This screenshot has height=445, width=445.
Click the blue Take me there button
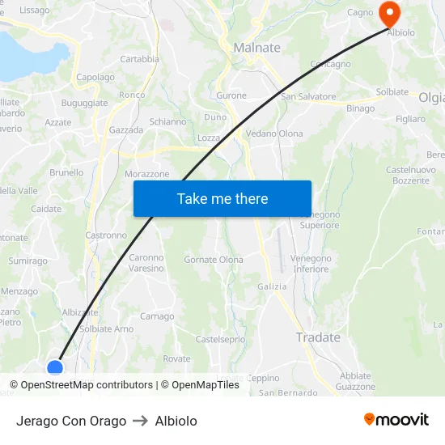(222, 198)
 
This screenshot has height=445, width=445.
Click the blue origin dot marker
(55, 369)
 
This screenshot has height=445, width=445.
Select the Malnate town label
(256, 48)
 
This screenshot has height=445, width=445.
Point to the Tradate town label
(318, 337)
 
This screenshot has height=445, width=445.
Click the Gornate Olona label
(214, 260)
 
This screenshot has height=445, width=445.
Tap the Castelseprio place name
(220, 339)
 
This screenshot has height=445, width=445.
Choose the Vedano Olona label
(274, 133)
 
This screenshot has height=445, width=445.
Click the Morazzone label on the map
(147, 174)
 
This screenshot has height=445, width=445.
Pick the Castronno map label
(106, 235)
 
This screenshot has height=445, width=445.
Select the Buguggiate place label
(84, 104)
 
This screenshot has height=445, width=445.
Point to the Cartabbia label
(139, 59)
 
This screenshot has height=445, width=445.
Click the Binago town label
(360, 108)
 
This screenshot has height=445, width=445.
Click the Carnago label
(157, 316)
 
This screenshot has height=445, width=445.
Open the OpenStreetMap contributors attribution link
(86, 385)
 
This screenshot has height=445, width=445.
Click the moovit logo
(396, 419)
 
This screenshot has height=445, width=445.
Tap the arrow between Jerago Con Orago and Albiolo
(140, 421)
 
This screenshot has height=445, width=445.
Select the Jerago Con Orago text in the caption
(71, 421)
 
